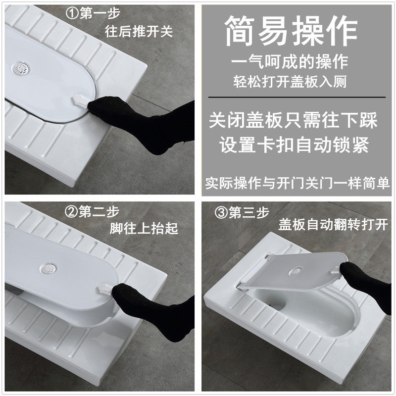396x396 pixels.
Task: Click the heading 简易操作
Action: click(291, 31)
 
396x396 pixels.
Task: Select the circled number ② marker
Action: click(71, 212)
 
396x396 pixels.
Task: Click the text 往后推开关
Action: click(139, 32)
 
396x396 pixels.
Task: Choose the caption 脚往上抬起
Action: click(144, 228)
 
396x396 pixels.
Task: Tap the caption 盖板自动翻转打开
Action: click(333, 225)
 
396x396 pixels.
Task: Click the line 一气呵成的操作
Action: click(290, 62)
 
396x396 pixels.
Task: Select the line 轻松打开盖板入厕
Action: click(290, 82)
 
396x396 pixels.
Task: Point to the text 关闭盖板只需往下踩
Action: click(293, 120)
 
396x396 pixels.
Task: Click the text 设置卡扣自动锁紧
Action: click(294, 145)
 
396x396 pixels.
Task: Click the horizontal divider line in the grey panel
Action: click(297, 97)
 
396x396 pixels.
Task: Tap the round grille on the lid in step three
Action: click(296, 272)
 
